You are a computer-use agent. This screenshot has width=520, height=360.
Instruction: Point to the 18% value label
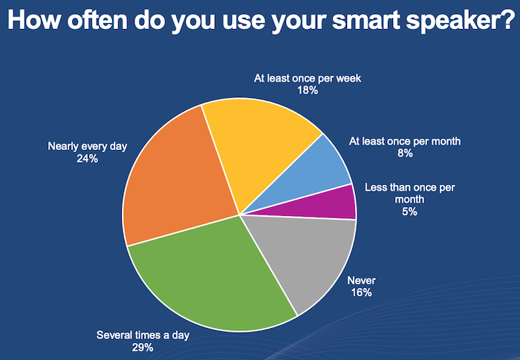tap(308, 90)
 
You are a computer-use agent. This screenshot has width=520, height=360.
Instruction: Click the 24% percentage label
tap(87, 159)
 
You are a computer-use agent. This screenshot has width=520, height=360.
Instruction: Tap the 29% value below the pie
tap(143, 347)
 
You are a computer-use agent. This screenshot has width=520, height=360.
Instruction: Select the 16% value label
tap(362, 292)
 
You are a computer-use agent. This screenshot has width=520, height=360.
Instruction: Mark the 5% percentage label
tap(409, 212)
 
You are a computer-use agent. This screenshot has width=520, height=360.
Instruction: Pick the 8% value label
tap(405, 153)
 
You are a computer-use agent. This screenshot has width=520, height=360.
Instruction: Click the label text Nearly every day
tap(87, 146)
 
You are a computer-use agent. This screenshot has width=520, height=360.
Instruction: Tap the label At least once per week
tap(308, 78)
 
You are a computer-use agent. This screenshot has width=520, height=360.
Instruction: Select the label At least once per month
tap(405, 142)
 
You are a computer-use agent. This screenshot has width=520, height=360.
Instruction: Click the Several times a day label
tap(143, 336)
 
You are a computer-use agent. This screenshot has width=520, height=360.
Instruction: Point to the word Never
tap(362, 281)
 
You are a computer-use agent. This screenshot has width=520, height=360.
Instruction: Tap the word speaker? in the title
tap(460, 21)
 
